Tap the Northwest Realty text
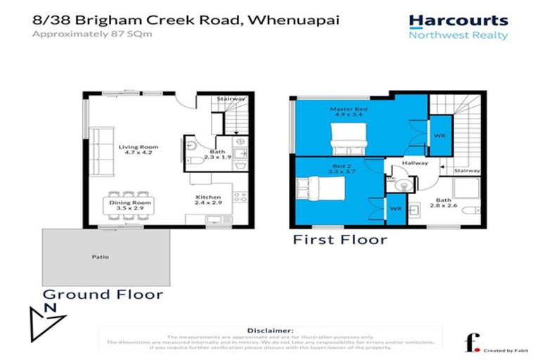458,35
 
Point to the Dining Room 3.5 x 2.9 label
129,205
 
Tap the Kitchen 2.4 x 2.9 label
209,200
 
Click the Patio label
100,257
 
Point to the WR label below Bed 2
395,209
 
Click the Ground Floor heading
103,295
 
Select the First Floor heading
340,240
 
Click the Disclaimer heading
270,330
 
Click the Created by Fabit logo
487,344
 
